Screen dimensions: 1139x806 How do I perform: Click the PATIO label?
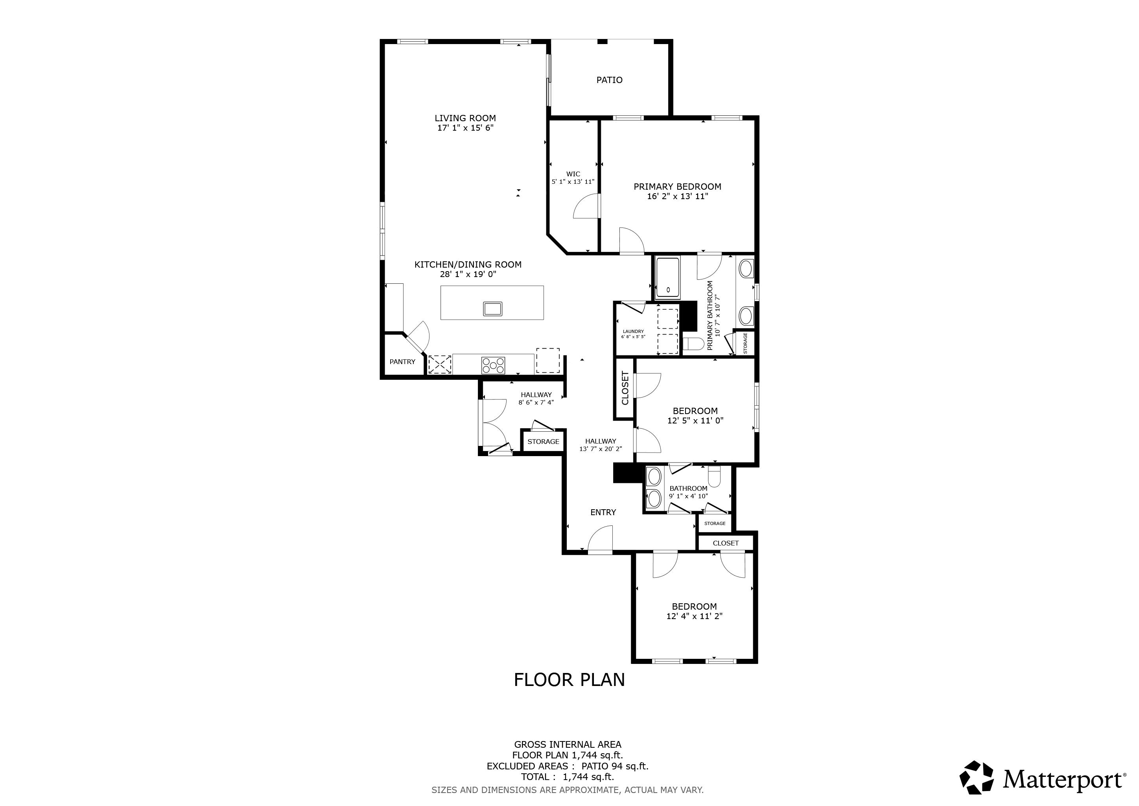(x=609, y=80)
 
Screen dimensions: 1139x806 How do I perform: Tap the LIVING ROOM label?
(x=465, y=118)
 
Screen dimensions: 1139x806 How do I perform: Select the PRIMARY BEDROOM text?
(x=677, y=187)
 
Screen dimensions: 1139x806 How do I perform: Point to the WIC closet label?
(x=573, y=174)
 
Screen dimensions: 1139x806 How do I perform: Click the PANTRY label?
(x=402, y=362)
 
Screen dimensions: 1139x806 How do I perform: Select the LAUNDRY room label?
(x=634, y=331)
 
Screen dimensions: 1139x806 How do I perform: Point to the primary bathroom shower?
(x=668, y=278)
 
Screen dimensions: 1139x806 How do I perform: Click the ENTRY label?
(x=603, y=512)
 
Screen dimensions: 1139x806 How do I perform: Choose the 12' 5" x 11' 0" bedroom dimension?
(x=695, y=420)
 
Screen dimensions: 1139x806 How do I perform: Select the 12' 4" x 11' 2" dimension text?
(x=695, y=616)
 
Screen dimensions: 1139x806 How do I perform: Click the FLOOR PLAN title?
(x=569, y=680)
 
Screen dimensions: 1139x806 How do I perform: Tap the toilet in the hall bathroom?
(x=714, y=477)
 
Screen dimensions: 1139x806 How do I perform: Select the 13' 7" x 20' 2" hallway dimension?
(x=601, y=449)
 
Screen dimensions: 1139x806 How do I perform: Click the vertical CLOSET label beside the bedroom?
(x=625, y=388)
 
